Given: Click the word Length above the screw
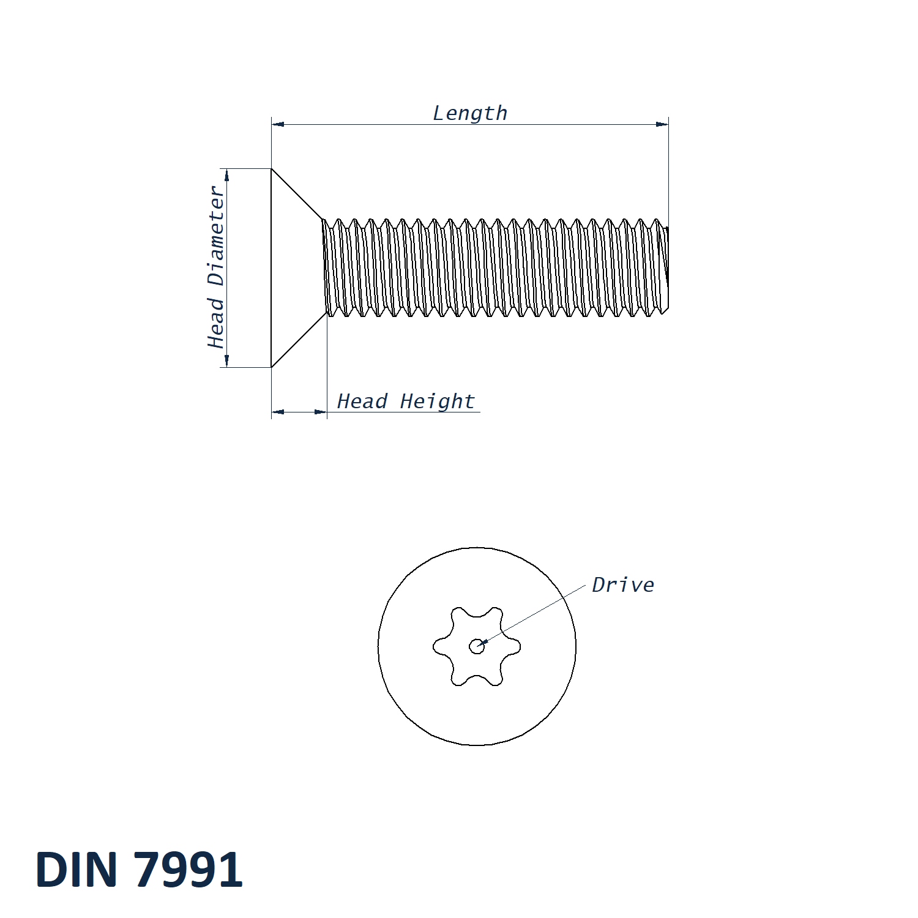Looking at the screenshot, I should [470, 113].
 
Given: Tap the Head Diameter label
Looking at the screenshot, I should [216, 267].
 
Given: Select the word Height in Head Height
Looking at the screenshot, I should [437, 401].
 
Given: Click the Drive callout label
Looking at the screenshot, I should [623, 585].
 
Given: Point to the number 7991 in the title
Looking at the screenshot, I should [188, 870].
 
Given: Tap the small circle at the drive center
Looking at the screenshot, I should [476, 646].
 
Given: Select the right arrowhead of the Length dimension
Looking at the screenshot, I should [662, 124].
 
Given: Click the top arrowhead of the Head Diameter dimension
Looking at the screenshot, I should [227, 176].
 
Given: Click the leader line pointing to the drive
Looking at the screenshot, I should [532, 614].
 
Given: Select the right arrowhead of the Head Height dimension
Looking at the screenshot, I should [321, 412].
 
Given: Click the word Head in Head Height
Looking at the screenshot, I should [362, 401].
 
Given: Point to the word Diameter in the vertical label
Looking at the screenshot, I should [216, 236].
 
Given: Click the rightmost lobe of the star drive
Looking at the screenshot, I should [515, 646].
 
